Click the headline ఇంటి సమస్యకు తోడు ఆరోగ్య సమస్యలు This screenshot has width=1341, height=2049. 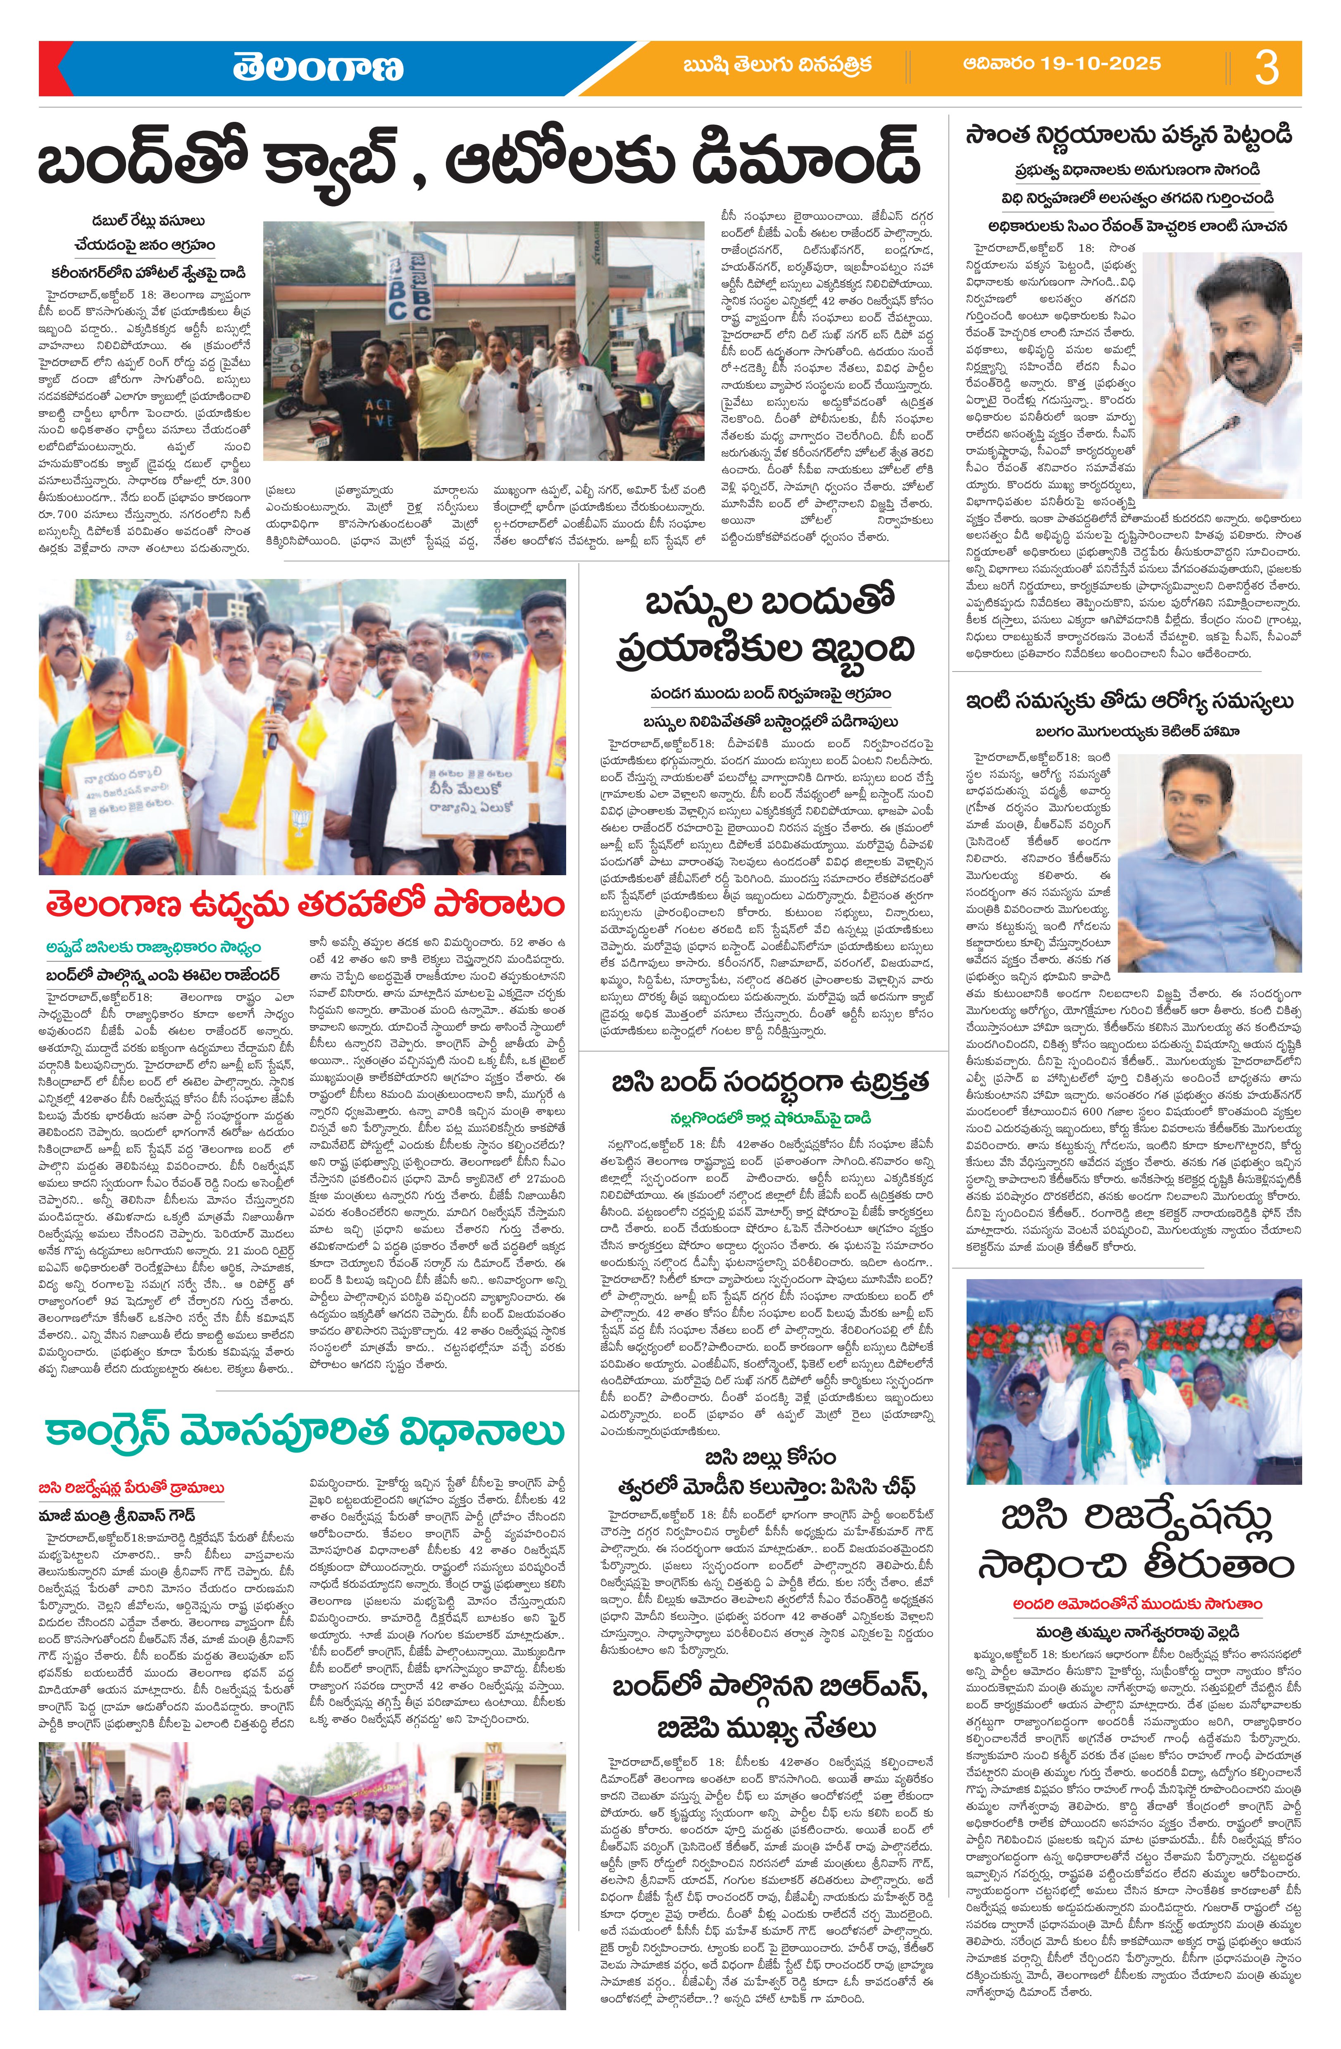point(1128,703)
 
